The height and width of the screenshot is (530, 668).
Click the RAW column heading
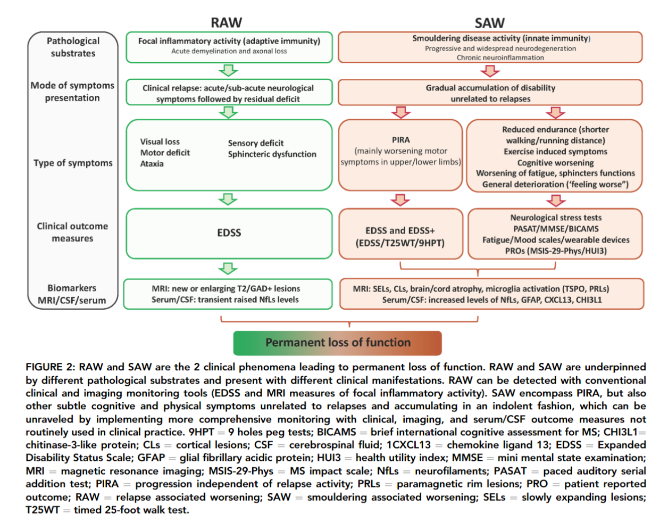click(x=226, y=22)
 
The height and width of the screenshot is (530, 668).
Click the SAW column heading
click(x=489, y=23)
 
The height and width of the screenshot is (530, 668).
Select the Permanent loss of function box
click(x=337, y=343)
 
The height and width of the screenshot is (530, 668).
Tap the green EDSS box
click(x=229, y=233)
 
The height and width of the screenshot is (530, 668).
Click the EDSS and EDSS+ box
click(x=400, y=237)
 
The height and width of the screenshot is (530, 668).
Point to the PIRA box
click(x=400, y=154)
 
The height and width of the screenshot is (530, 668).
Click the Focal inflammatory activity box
click(x=229, y=46)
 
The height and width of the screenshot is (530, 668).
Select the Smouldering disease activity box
click(x=490, y=47)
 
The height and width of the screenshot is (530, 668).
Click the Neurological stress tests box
click(x=555, y=234)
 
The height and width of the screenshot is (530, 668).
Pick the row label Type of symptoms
click(x=73, y=163)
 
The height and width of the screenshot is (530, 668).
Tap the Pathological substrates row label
click(x=73, y=47)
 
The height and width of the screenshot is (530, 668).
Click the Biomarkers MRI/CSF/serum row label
click(x=72, y=294)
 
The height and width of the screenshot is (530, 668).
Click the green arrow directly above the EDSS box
click(x=228, y=199)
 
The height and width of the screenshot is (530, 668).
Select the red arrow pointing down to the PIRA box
click(x=400, y=112)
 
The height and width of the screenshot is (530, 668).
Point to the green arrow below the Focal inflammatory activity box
click(x=228, y=70)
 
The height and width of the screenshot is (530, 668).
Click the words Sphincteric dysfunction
click(x=272, y=154)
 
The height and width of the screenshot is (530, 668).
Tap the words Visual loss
click(x=160, y=142)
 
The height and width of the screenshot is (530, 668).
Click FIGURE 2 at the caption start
click(x=51, y=367)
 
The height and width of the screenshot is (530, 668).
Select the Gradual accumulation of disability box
click(x=490, y=93)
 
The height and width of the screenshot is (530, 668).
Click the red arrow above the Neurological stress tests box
click(x=556, y=200)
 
